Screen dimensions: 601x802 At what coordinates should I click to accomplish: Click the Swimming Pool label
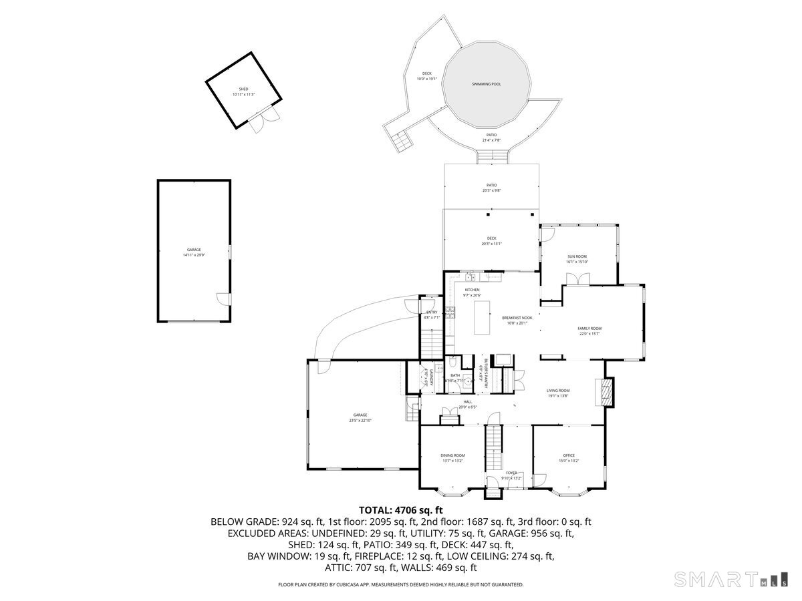tap(486, 84)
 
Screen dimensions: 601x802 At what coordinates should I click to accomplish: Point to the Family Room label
tap(589, 331)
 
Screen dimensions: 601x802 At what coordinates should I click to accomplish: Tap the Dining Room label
tap(452, 457)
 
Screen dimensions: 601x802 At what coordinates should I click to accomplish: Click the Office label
tap(568, 457)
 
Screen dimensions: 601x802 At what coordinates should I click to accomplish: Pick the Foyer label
tap(511, 475)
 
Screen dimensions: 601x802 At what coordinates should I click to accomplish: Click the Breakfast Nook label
tap(517, 320)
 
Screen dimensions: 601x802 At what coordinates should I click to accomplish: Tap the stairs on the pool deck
tap(402, 141)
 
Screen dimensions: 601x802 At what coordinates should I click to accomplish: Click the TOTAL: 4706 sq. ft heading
tap(401, 510)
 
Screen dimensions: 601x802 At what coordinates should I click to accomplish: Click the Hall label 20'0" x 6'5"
tap(468, 404)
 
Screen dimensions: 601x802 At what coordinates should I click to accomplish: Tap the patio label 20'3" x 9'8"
tap(491, 188)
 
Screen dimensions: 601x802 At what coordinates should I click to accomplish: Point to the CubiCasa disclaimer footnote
tap(401, 584)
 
